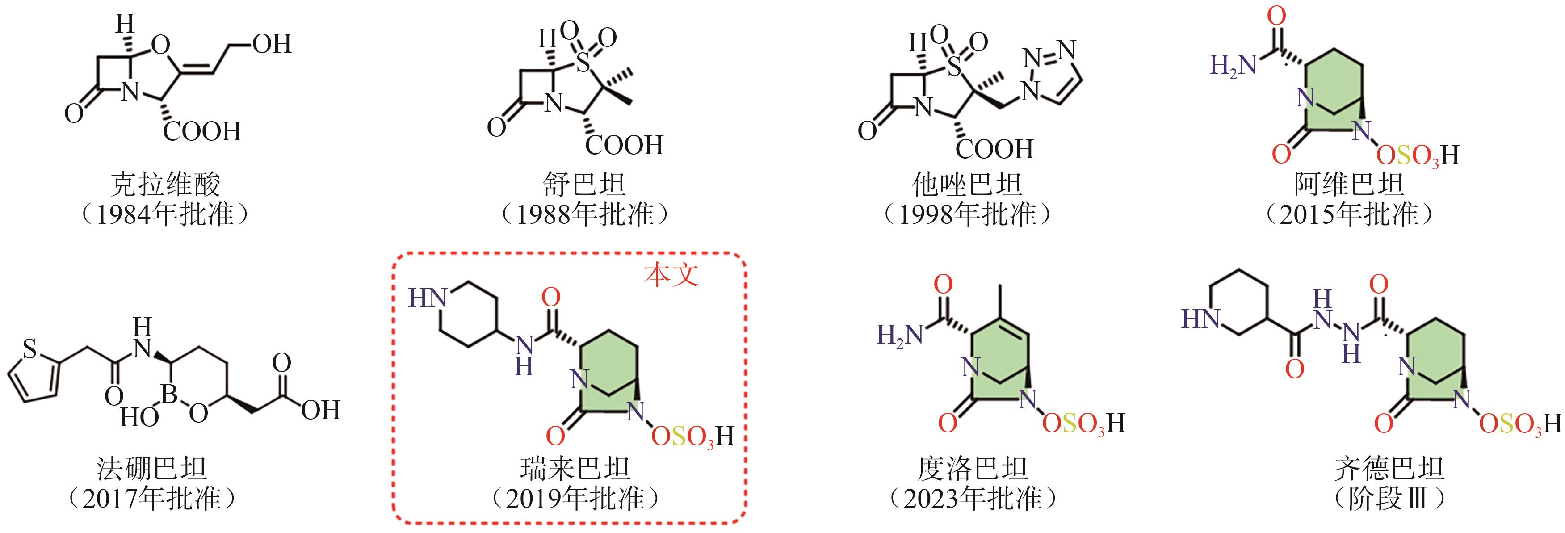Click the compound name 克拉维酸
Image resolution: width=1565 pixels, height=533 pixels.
166,184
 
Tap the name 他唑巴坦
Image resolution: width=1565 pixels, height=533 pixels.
968,184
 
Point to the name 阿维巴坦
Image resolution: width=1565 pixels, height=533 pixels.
1350,184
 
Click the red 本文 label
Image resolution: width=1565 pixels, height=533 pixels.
671,275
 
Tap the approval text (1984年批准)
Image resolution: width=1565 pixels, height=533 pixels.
166,214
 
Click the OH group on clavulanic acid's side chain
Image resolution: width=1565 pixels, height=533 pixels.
272,44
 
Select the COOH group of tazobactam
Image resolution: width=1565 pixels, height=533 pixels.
994,149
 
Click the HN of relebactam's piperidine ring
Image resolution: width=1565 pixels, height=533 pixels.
427,298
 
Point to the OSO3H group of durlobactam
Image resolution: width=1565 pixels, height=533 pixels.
1083,424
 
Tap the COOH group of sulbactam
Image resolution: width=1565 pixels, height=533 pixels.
624,145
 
